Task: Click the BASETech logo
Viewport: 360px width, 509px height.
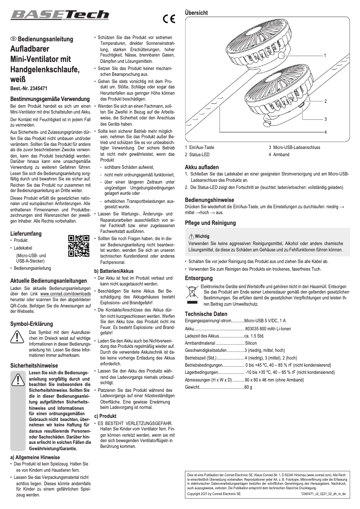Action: click(x=60, y=16)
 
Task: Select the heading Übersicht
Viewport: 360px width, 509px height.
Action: click(x=196, y=13)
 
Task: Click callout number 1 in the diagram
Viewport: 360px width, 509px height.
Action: click(x=325, y=55)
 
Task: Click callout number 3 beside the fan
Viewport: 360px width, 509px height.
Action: click(x=325, y=118)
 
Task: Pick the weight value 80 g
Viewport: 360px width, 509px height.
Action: click(x=248, y=386)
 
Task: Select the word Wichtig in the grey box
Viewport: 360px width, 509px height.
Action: click(x=202, y=236)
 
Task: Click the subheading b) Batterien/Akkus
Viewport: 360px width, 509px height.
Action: click(x=114, y=271)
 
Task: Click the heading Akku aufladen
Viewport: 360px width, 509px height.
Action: click(x=202, y=167)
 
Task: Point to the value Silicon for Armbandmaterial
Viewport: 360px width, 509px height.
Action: click(x=254, y=342)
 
